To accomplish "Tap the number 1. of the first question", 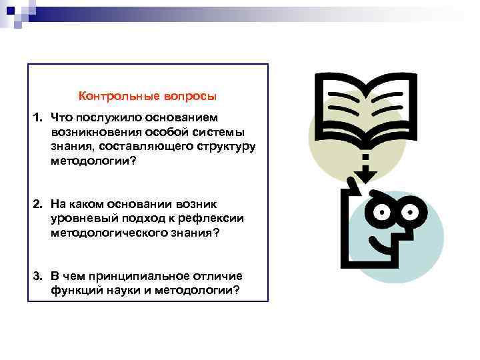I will [39, 117].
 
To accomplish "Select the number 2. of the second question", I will [39, 203].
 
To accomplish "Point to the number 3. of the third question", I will [39, 275].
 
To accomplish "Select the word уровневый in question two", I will [79, 218].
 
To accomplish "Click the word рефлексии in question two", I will [215, 218].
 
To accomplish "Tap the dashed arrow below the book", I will [365, 167].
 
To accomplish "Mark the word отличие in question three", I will [220, 275].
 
